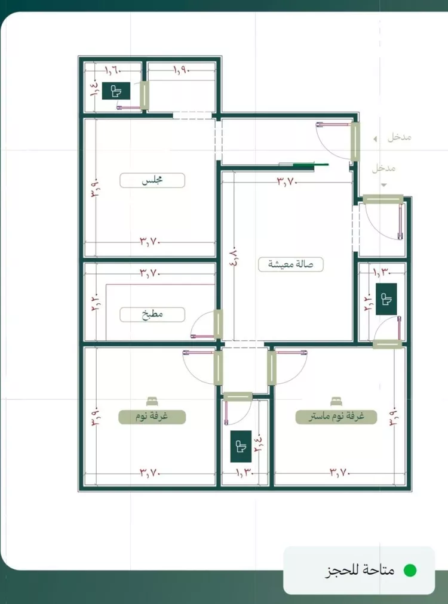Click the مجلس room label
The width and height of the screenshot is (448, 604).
tap(152, 180)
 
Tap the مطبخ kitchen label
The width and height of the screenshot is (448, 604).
tap(152, 315)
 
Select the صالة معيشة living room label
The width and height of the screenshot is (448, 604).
tap(291, 264)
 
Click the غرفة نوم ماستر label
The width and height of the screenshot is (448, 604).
tap(336, 417)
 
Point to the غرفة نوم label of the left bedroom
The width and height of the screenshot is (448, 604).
tap(152, 417)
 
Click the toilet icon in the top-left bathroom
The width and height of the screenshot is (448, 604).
tap(116, 91)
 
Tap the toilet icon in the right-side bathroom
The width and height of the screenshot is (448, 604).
tap(386, 299)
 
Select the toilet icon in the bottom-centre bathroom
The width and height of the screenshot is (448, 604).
tap(241, 446)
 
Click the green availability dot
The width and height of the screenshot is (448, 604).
tap(410, 570)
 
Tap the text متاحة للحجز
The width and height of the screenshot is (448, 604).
tap(360, 570)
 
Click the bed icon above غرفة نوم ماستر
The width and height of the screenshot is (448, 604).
tap(335, 402)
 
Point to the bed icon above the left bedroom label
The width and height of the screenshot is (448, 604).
tap(152, 402)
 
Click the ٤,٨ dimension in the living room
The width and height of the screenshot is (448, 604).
tap(234, 258)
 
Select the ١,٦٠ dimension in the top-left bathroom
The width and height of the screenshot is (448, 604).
tap(113, 70)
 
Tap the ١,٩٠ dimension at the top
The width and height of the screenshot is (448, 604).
tap(181, 70)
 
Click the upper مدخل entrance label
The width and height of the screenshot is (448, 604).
tap(400, 137)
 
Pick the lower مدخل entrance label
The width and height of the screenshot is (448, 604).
tap(383, 168)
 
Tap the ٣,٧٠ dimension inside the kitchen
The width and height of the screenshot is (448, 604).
tap(149, 273)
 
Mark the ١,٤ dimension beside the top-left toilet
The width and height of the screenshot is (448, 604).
tap(94, 89)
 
